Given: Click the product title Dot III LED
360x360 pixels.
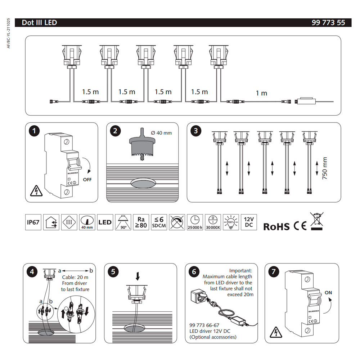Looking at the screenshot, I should [39, 23].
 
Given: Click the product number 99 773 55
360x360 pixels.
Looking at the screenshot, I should [328, 23].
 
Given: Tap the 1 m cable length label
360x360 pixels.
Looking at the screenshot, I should [261, 93].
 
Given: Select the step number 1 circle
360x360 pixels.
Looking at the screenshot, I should [34, 131].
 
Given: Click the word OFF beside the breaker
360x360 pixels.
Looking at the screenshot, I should [87, 179].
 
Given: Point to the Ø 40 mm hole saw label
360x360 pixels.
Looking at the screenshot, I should [161, 133].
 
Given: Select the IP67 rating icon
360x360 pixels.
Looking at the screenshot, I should [33, 222].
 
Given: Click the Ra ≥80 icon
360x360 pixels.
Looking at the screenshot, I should [141, 222].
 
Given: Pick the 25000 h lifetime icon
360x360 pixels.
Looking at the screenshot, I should [195, 222].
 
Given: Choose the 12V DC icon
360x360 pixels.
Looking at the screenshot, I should [249, 222].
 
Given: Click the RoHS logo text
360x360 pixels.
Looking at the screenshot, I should [276, 226].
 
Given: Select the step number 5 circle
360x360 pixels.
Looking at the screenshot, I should [113, 272].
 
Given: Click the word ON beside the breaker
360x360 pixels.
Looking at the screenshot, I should [328, 293].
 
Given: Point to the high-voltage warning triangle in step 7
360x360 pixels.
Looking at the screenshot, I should [276, 331].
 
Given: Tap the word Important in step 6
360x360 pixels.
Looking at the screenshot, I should [241, 270].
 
